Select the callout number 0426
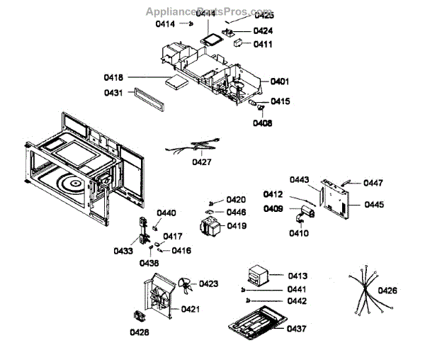387,290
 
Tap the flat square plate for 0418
174,81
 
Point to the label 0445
375,205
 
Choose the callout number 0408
262,123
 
